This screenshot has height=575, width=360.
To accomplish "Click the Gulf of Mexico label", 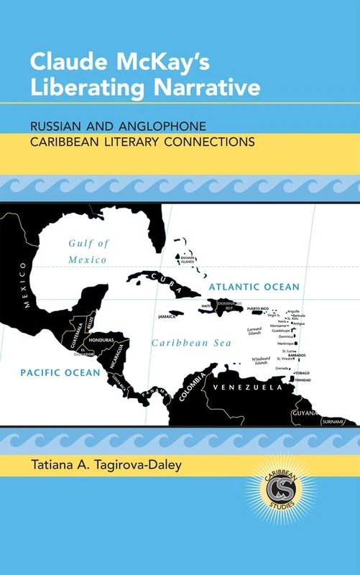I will click(x=88, y=251).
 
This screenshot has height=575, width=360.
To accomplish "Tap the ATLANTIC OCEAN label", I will click(x=254, y=287).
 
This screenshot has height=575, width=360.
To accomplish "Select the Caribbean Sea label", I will click(x=190, y=344).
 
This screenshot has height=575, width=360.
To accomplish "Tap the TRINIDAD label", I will click(x=302, y=380).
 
